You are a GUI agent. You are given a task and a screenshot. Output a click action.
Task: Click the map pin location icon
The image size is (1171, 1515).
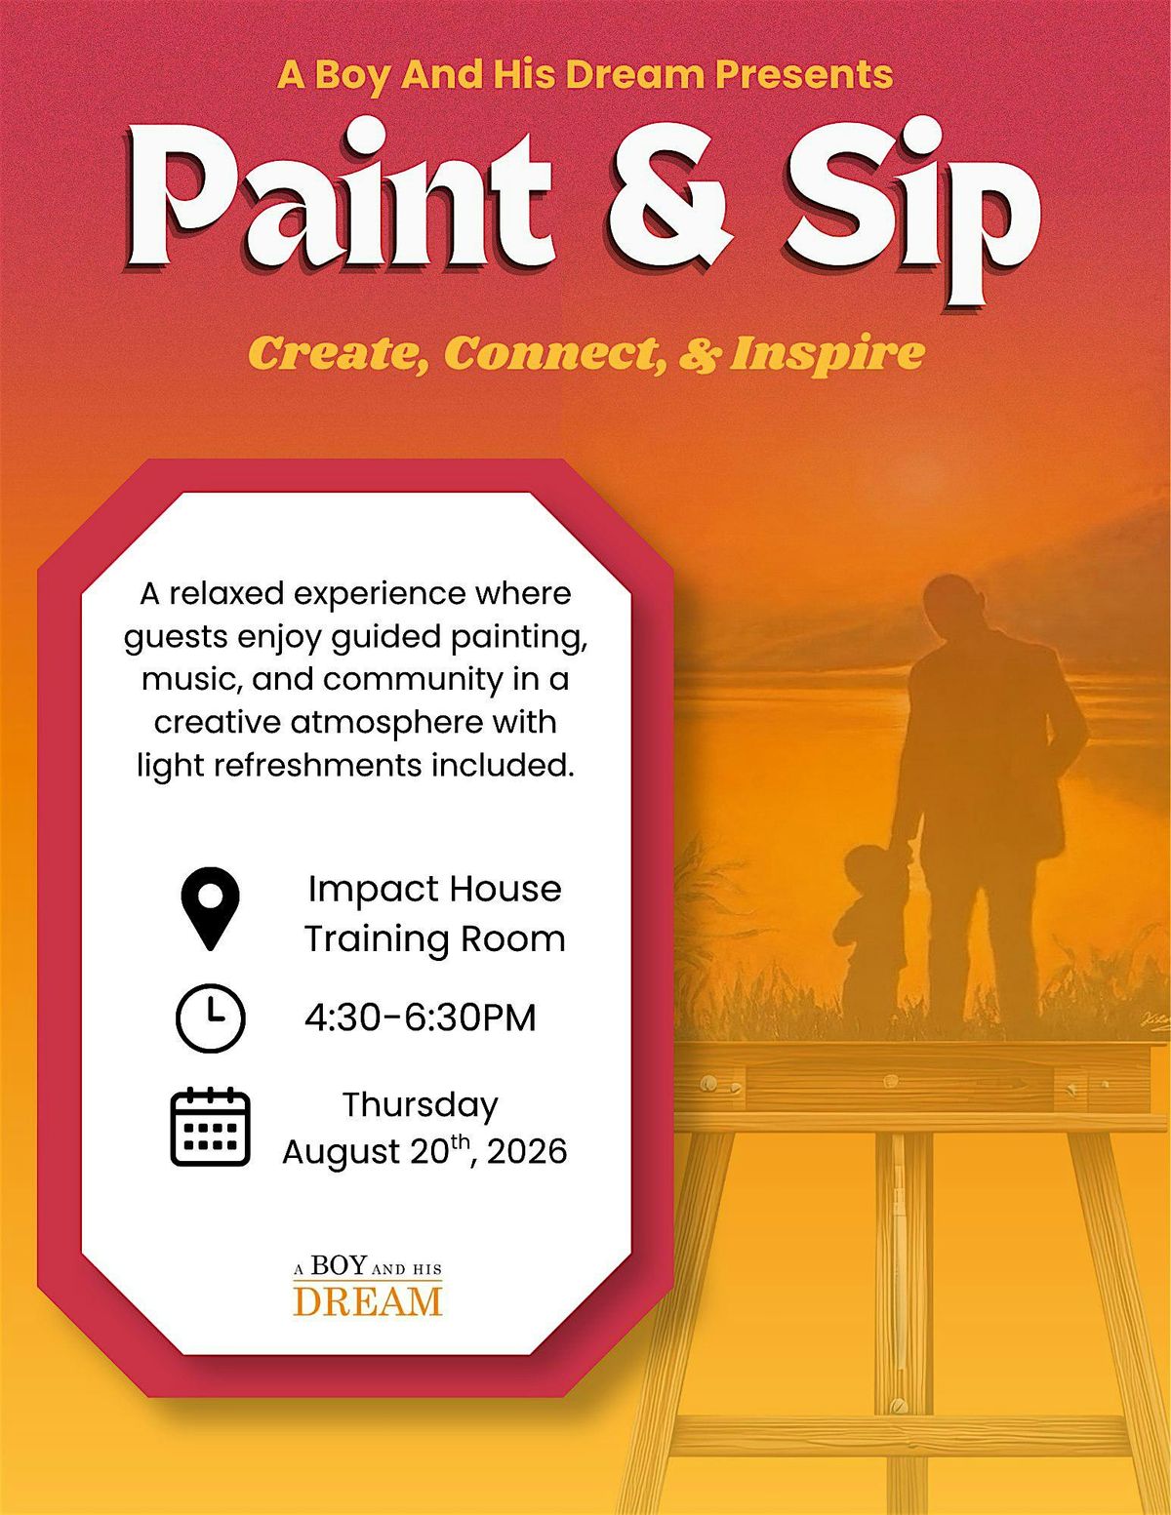210,908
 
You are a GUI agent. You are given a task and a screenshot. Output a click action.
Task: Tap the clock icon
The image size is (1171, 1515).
210,1017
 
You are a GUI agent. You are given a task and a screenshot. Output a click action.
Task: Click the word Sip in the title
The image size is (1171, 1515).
912,209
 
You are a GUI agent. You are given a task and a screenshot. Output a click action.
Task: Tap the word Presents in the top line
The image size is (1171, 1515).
804,74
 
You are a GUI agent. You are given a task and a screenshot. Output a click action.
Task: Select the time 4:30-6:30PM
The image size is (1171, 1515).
421,1017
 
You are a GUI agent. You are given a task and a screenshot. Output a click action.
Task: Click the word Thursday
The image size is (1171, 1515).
421,1105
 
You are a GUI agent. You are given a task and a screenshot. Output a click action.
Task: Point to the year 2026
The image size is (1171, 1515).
527,1151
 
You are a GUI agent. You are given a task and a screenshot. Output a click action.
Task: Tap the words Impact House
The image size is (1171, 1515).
434,889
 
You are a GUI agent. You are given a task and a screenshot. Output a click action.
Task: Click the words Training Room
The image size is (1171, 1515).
434,938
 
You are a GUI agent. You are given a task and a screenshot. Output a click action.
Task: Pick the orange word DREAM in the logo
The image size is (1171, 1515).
368,1301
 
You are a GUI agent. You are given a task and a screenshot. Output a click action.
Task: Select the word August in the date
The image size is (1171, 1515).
341,1153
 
